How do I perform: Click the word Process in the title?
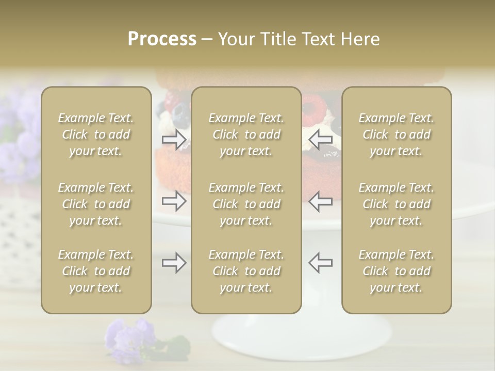[x=162, y=39]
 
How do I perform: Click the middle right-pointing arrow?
[x=174, y=201]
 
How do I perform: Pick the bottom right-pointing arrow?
[x=174, y=263]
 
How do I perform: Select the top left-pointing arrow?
[x=321, y=139]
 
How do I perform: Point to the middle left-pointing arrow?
[x=321, y=201]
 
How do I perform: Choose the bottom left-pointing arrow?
[x=321, y=262]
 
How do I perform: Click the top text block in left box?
[x=96, y=134]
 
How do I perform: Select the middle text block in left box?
[x=96, y=204]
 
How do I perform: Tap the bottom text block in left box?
[x=96, y=271]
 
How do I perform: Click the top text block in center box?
[x=246, y=134]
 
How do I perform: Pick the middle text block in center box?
[x=246, y=204]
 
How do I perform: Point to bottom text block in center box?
[x=246, y=271]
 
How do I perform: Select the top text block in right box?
[x=396, y=134]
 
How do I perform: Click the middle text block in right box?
[x=396, y=204]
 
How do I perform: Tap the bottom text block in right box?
[x=396, y=271]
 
